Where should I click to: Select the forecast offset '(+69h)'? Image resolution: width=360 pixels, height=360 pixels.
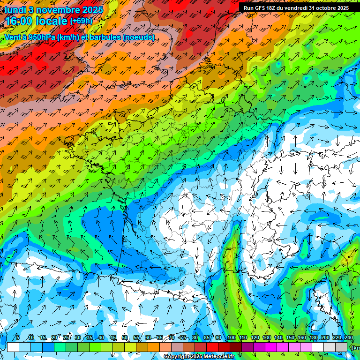(x=82, y=21)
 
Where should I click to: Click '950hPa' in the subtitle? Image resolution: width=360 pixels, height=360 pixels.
(x=41, y=37)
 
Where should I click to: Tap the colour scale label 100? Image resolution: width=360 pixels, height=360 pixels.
(x=231, y=337)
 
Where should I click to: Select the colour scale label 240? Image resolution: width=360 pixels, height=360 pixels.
(x=348, y=337)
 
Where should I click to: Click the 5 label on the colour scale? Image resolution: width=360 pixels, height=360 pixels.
(x=18, y=337)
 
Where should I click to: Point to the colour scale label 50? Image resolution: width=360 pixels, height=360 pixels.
(x=125, y=337)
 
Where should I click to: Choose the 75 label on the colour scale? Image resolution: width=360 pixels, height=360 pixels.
(x=183, y=337)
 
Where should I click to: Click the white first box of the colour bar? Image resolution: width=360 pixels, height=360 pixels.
(x=13, y=347)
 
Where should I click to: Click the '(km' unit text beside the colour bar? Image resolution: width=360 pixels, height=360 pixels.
(x=355, y=348)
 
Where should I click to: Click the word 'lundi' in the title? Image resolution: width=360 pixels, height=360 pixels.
(x=15, y=9)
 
